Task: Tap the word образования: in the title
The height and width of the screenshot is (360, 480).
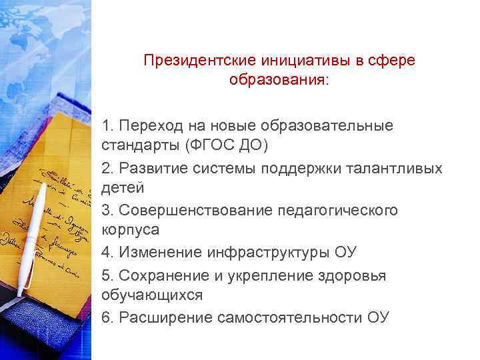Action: (x=279, y=81)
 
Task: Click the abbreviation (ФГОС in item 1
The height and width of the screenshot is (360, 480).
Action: (x=201, y=145)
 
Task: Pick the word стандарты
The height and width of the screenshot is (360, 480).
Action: (x=133, y=145)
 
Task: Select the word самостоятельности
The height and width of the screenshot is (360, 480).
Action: (x=290, y=317)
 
